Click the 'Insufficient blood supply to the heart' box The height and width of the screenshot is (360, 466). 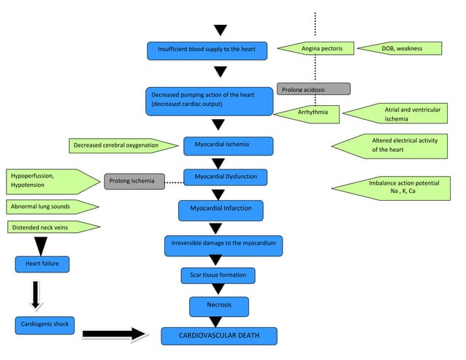click(x=207, y=50)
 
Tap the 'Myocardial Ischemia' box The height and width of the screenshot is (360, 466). click(x=218, y=145)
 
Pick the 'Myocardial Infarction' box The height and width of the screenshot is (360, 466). click(x=221, y=210)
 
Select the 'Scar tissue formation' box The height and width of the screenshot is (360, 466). click(x=218, y=275)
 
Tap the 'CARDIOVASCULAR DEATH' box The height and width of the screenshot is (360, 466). click(x=218, y=336)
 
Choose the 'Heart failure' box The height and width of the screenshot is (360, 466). click(x=42, y=263)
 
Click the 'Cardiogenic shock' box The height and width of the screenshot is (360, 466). click(x=44, y=325)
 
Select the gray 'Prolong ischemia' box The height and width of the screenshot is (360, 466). click(x=134, y=181)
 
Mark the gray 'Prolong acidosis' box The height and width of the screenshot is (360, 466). click(x=313, y=89)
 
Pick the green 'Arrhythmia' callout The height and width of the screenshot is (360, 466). click(x=309, y=112)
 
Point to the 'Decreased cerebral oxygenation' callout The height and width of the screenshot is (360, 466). click(x=121, y=146)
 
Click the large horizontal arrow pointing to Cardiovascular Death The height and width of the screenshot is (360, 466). click(x=115, y=335)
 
